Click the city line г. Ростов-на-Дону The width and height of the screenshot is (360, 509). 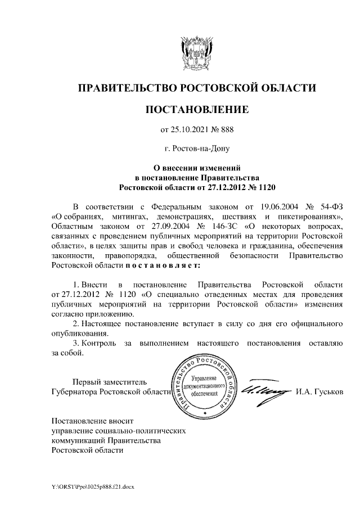tap(196, 149)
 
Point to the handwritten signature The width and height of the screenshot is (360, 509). tap(264, 390)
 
